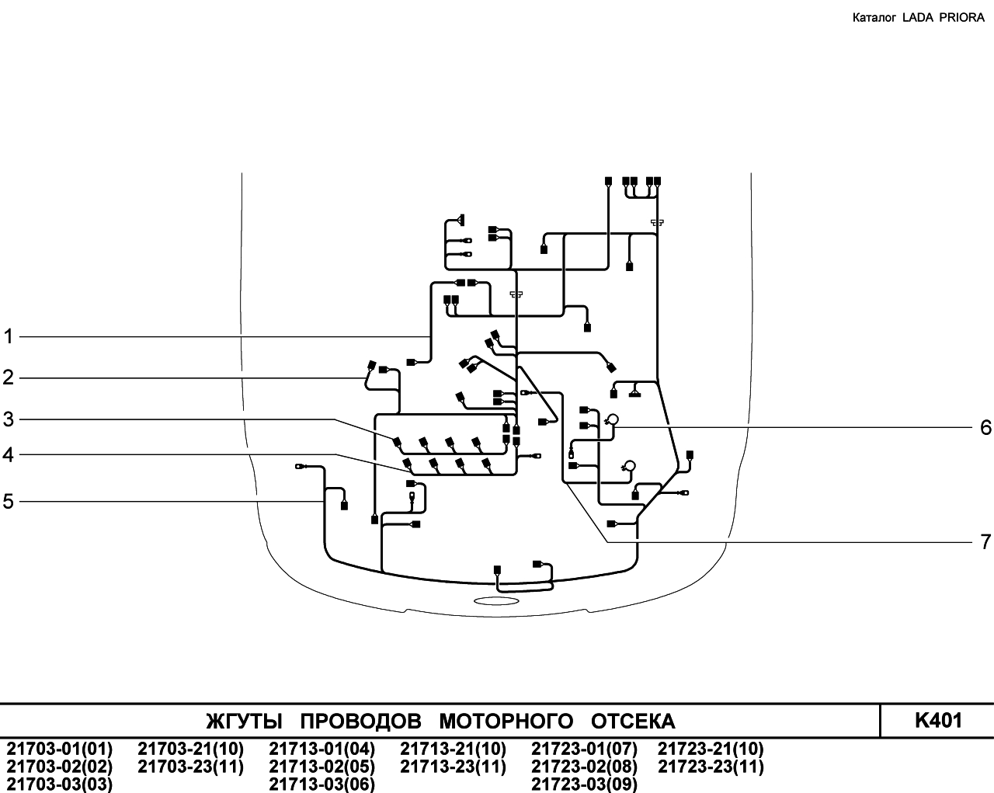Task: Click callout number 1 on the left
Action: pyautogui.click(x=9, y=336)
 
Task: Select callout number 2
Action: pyautogui.click(x=9, y=377)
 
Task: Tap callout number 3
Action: pyautogui.click(x=9, y=419)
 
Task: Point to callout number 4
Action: pyautogui.click(x=9, y=454)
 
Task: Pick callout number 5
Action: pyautogui.click(x=9, y=502)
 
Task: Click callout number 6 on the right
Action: pyautogui.click(x=985, y=427)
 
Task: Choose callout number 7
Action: pyautogui.click(x=985, y=541)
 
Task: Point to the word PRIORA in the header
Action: pyautogui.click(x=961, y=18)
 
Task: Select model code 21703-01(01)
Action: pyautogui.click(x=60, y=749)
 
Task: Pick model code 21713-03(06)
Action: pyautogui.click(x=322, y=784)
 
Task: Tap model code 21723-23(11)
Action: pyautogui.click(x=711, y=767)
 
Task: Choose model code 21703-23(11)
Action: pyautogui.click(x=191, y=767)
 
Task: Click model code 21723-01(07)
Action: pyautogui.click(x=584, y=749)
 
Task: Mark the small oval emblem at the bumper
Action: pyautogui.click(x=496, y=600)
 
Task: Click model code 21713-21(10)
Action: pyautogui.click(x=453, y=749)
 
